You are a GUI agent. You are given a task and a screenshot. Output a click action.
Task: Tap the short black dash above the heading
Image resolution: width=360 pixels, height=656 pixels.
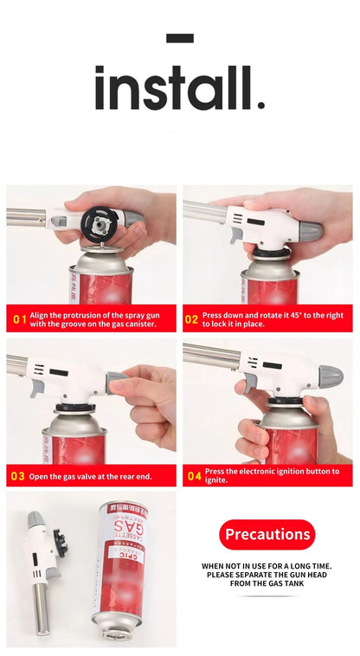click(x=179, y=37)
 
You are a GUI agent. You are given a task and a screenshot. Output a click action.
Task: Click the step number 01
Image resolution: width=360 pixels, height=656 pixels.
click(x=18, y=318)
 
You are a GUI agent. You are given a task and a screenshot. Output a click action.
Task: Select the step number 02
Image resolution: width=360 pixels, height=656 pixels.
click(x=192, y=318)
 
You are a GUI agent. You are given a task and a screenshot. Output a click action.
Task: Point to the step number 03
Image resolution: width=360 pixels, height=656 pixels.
click(x=18, y=475)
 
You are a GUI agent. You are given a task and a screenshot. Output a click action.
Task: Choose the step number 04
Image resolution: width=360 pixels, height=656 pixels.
click(x=193, y=475)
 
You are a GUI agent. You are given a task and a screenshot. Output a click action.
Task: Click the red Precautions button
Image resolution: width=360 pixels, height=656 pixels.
click(x=267, y=534)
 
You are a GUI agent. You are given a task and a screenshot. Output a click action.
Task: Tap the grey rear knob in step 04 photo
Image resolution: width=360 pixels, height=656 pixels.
click(x=330, y=376)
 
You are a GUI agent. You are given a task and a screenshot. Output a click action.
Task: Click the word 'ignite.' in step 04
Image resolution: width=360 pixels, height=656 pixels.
click(x=216, y=479)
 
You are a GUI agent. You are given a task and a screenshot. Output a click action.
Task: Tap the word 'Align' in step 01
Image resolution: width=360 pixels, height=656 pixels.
click(x=40, y=314)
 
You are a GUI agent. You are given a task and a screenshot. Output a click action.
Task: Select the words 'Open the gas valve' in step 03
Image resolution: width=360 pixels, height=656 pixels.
click(x=61, y=475)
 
